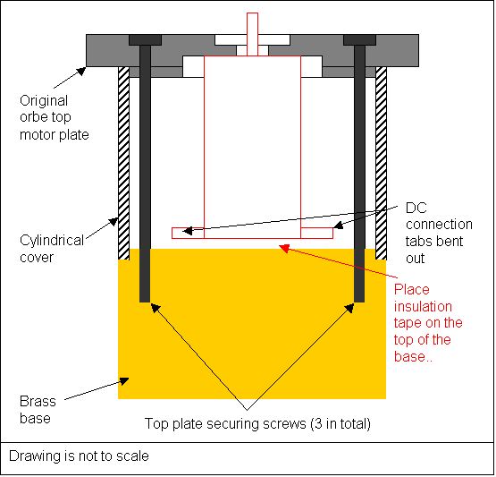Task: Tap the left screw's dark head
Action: (145, 40)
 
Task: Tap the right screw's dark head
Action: (360, 40)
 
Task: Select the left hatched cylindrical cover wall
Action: (123, 163)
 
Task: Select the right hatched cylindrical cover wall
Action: (382, 163)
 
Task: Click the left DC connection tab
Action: (188, 233)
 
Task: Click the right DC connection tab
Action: (317, 233)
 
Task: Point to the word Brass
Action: (38, 402)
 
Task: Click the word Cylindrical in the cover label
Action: (52, 241)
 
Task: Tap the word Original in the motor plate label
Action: (44, 101)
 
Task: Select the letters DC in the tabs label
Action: (416, 209)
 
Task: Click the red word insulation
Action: (423, 307)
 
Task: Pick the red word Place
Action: (412, 290)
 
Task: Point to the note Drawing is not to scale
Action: (79, 456)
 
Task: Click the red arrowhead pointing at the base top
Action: (284, 248)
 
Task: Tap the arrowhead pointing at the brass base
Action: (123, 380)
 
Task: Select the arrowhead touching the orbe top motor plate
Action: (81, 71)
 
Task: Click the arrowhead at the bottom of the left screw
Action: (156, 308)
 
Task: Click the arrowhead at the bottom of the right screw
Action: (349, 308)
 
